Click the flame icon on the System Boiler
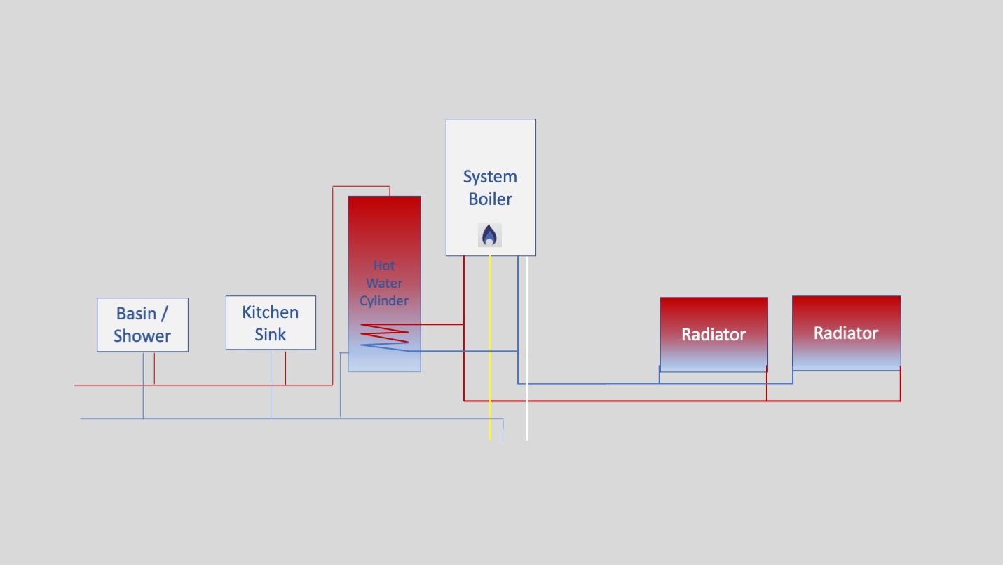[490, 235]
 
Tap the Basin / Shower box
[142, 324]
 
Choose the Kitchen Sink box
[271, 323]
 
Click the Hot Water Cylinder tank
[384, 232]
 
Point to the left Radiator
[714, 334]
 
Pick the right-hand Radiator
[846, 333]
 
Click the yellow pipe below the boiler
[490, 351]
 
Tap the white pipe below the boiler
[526, 351]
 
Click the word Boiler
[490, 199]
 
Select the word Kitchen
[271, 312]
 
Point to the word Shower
[142, 336]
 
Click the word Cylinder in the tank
[384, 301]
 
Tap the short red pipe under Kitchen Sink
[285, 368]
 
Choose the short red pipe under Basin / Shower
[154, 368]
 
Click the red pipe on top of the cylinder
[361, 187]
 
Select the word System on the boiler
[490, 177]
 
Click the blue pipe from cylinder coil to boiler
[463, 350]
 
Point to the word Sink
[271, 335]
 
